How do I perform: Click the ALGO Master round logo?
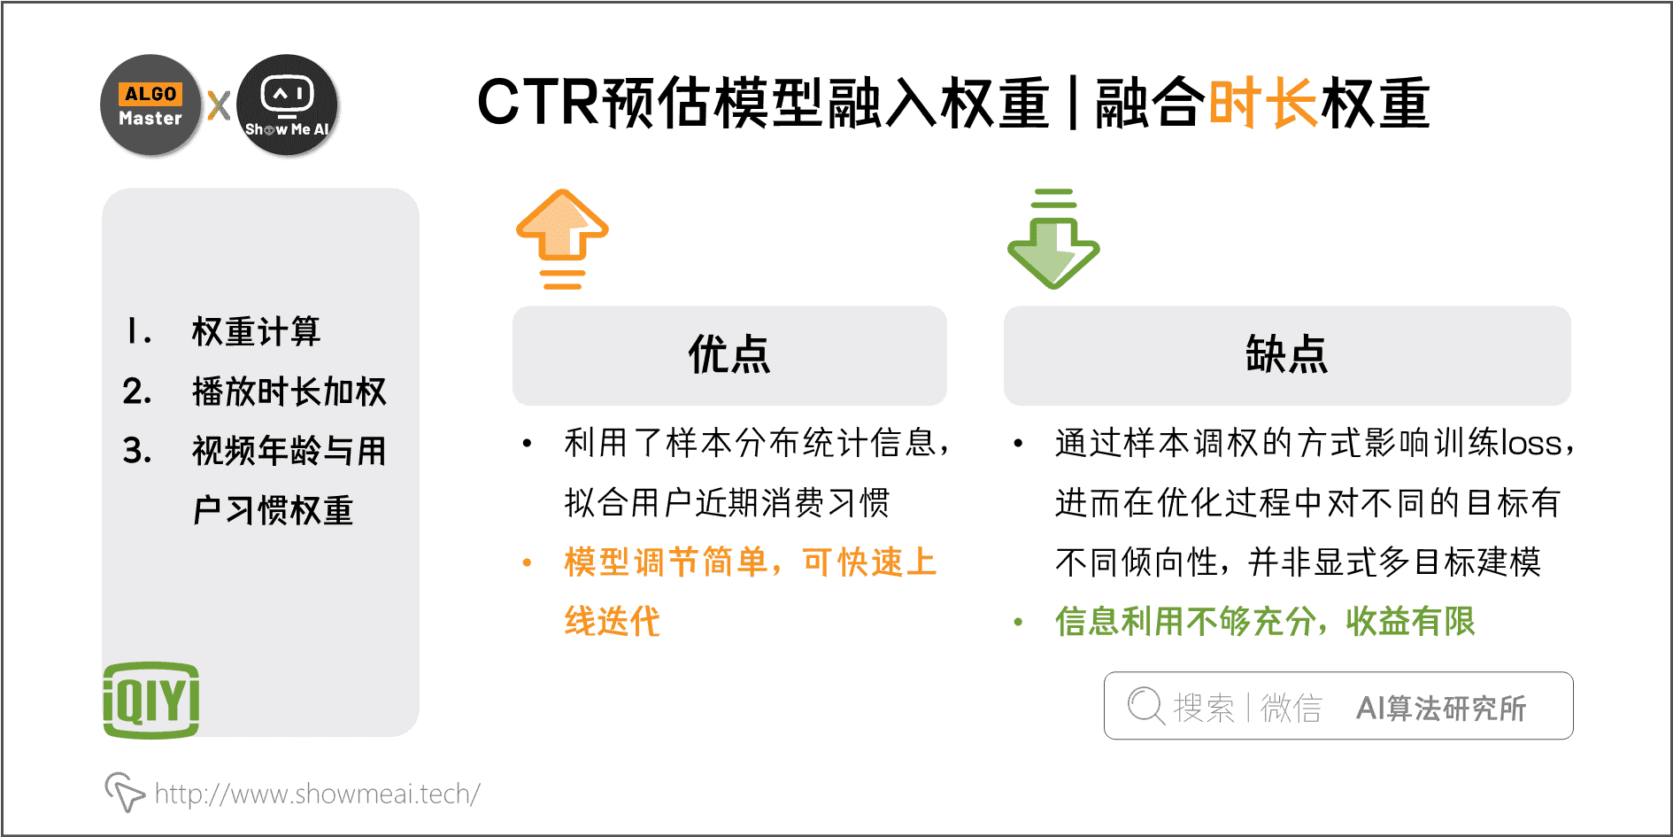click(x=150, y=105)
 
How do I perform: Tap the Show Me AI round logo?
click(x=288, y=105)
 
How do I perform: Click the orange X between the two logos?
click(x=219, y=105)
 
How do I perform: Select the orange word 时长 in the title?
click(x=1263, y=103)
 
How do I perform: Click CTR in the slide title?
click(x=538, y=103)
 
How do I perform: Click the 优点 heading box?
click(x=729, y=355)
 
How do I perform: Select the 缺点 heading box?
click(x=1287, y=355)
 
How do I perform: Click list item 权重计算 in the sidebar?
click(x=256, y=331)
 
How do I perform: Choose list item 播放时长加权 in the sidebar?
click(x=289, y=391)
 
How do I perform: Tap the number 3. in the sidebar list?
click(x=137, y=451)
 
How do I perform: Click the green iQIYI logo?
click(x=151, y=700)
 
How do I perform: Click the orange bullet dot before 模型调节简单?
click(x=527, y=562)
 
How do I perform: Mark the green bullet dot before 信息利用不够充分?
click(x=1018, y=622)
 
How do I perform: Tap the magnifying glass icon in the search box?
click(x=1145, y=707)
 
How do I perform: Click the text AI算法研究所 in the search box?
click(x=1441, y=708)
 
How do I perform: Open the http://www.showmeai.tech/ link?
click(x=317, y=794)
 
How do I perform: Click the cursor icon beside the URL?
click(x=124, y=791)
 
